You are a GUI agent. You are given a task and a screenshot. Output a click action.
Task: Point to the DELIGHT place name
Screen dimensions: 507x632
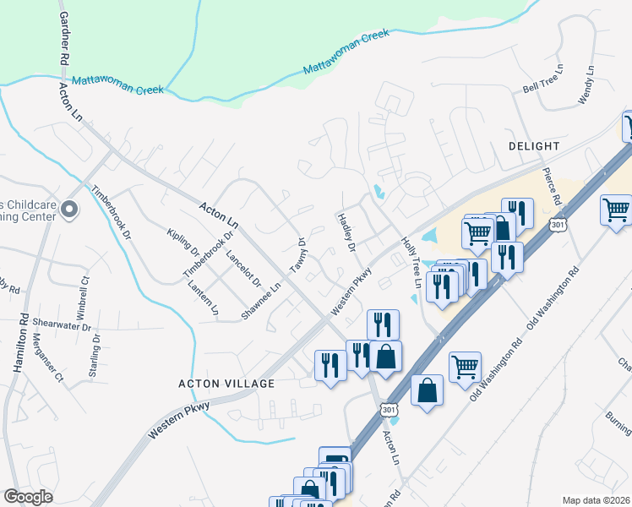click(535, 146)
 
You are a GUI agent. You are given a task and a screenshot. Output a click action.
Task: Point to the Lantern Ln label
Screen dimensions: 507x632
click(204, 298)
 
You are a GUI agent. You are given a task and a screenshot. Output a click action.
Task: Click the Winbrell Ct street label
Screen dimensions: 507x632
click(84, 290)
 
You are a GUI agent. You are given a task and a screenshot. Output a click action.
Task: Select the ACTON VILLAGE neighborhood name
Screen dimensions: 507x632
click(226, 384)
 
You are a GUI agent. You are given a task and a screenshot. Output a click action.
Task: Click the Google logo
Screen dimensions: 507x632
click(28, 497)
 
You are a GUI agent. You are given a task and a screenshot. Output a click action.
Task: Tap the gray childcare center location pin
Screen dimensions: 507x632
click(69, 209)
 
